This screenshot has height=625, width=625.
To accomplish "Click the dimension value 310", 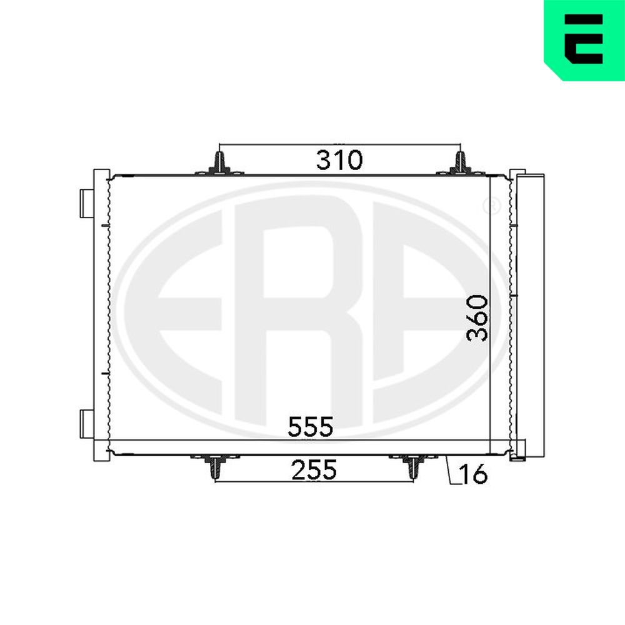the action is click(339, 160).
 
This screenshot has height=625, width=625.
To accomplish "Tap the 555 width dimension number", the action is click(310, 426).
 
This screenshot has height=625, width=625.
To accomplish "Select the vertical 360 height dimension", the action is click(477, 317).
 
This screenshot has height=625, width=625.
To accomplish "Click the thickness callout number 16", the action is click(474, 474).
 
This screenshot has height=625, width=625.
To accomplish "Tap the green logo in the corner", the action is click(584, 40).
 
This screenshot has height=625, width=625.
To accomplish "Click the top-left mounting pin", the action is click(219, 164).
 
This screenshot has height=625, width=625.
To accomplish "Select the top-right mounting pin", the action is click(461, 164).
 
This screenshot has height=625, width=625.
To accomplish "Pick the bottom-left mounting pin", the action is click(215, 466).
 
